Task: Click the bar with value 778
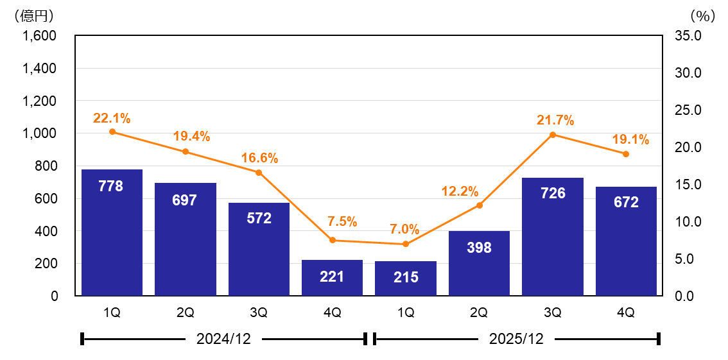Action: (112, 232)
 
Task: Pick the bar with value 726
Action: (552, 237)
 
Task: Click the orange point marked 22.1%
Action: (112, 132)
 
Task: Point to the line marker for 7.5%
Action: (333, 240)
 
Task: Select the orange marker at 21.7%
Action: (553, 135)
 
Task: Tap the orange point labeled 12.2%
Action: (479, 205)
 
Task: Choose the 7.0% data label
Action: (404, 229)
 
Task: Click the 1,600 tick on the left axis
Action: (40, 35)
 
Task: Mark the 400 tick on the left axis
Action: (46, 231)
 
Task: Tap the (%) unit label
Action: (702, 14)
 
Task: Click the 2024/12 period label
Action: (223, 339)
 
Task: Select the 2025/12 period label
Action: (516, 339)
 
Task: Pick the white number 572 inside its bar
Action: (259, 218)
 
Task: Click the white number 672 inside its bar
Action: (626, 203)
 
